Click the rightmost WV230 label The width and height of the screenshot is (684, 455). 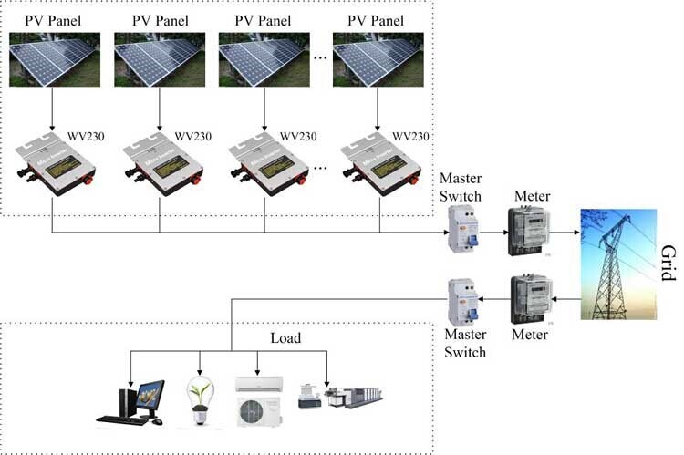408,136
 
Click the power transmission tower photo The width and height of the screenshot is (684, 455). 618,264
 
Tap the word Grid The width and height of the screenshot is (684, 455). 668,264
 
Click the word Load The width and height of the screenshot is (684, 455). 285,339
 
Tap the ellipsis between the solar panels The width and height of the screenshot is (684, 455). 320,58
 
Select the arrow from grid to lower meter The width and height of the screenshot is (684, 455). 567,299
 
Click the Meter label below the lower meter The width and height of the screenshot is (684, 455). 530,335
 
